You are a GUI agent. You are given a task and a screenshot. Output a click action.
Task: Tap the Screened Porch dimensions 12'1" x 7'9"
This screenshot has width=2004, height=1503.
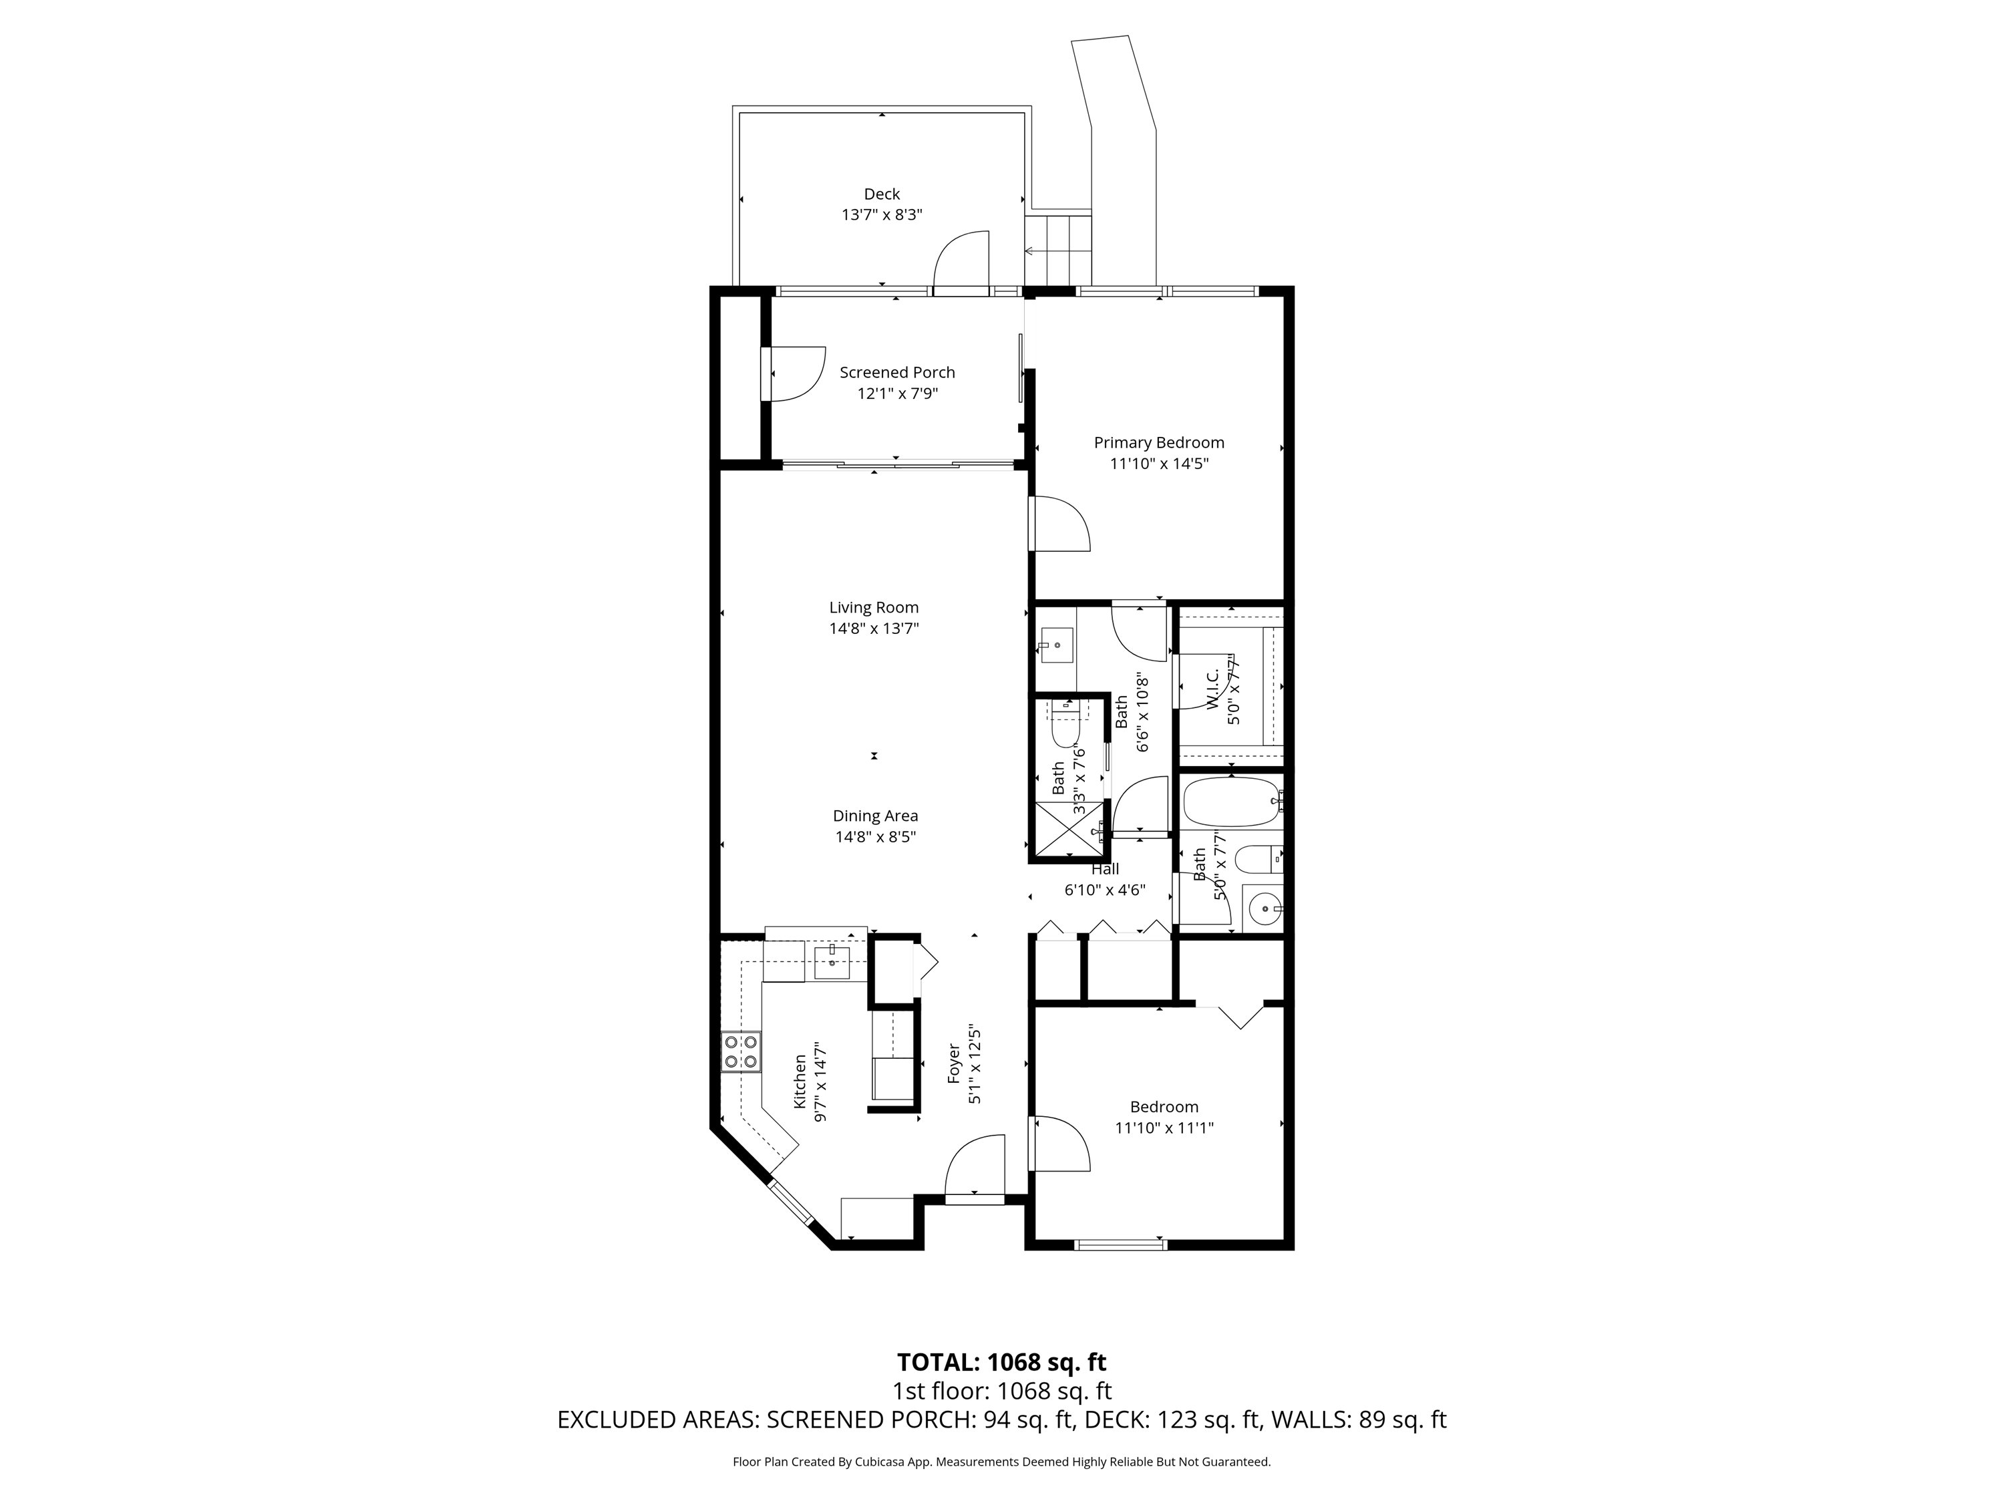897,393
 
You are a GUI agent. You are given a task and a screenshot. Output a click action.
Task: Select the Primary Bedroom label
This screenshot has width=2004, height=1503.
1159,442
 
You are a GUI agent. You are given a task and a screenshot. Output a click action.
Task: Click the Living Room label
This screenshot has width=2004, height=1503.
873,607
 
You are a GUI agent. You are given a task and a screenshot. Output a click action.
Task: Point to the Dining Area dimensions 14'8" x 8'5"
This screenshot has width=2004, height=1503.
875,837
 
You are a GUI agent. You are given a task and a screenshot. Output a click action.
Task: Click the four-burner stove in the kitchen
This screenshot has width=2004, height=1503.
740,1053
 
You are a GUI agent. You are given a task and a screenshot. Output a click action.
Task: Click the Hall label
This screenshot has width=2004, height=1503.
1104,869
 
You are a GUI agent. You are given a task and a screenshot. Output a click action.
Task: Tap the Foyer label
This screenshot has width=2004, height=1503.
954,1063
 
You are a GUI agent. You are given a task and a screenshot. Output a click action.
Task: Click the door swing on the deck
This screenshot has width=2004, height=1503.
961,261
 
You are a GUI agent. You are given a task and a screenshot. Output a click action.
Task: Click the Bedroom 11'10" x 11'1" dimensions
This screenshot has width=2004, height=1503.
1163,1128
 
